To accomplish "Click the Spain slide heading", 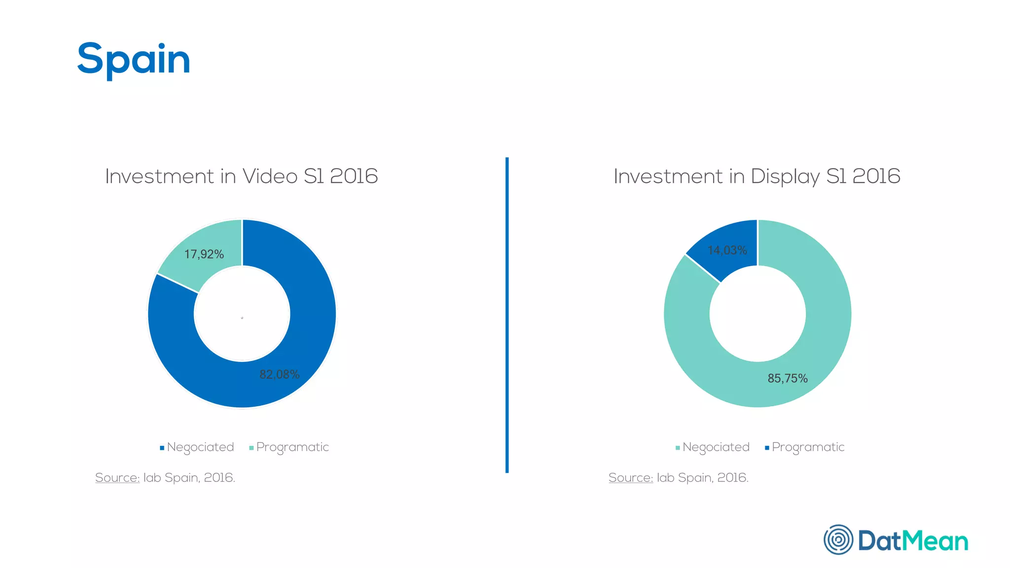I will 134,59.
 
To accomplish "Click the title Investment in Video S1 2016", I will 241,176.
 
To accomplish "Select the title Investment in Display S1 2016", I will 757,176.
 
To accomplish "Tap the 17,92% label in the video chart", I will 204,254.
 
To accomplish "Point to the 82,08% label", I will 279,375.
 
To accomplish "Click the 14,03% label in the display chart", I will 727,250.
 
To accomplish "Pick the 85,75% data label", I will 787,378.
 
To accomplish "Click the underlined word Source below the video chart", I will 117,477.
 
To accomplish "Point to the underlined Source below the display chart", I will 630,477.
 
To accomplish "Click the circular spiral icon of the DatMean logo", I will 838,539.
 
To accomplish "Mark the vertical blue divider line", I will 507,316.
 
